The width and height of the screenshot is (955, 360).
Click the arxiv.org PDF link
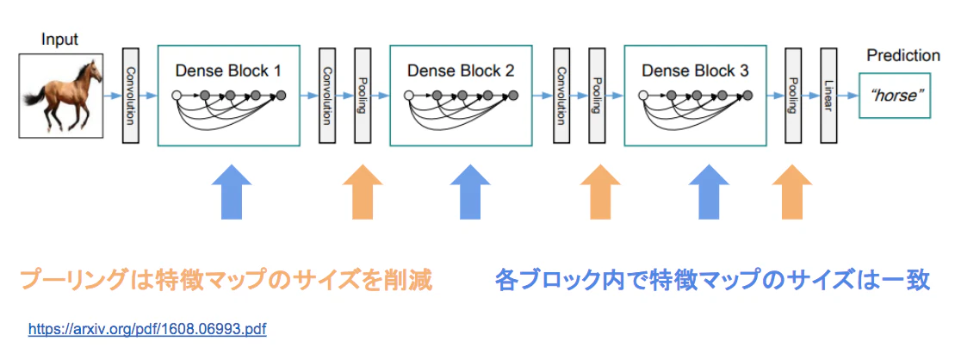(x=147, y=330)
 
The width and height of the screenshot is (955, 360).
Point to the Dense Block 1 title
(x=228, y=71)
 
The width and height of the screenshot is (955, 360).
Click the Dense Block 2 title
(x=461, y=71)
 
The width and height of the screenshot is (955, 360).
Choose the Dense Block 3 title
(x=695, y=71)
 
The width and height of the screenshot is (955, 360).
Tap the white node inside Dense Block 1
(x=178, y=96)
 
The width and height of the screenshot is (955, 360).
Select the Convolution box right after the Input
(x=131, y=96)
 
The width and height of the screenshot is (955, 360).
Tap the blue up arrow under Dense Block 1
(x=232, y=191)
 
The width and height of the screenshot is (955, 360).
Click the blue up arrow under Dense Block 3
(x=709, y=191)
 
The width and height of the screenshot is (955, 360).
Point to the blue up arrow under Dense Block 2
(x=470, y=191)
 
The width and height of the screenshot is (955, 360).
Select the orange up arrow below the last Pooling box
(x=791, y=191)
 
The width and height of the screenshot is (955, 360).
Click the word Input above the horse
(x=59, y=40)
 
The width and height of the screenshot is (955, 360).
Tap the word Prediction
(x=903, y=56)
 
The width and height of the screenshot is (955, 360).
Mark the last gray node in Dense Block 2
(x=513, y=96)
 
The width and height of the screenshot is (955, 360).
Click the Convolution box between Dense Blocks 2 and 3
(x=561, y=96)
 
